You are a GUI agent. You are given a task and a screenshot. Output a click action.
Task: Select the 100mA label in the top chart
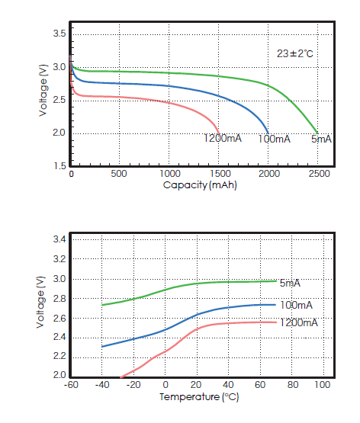click(274, 139)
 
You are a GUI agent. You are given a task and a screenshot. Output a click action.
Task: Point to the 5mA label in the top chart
click(321, 139)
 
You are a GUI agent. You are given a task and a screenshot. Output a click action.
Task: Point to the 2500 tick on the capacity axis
click(319, 174)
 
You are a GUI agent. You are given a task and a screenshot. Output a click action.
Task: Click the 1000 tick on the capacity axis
click(169, 174)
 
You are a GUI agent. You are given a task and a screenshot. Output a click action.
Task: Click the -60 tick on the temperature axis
click(71, 385)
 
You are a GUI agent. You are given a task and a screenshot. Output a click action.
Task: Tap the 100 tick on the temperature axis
click(322, 385)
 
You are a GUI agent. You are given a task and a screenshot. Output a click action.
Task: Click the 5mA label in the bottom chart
click(289, 284)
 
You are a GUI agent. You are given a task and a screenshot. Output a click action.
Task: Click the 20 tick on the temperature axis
click(197, 385)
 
